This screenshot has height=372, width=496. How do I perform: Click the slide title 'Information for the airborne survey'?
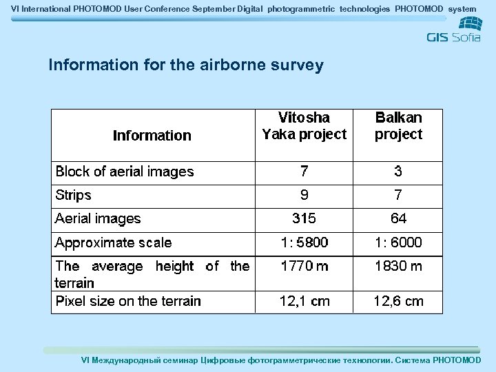click(186, 65)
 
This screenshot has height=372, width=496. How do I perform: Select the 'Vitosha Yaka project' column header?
click(304, 126)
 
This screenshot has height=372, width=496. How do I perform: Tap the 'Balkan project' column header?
click(398, 126)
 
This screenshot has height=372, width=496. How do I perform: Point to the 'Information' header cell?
click(152, 136)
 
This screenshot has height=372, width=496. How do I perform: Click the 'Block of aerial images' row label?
click(125, 172)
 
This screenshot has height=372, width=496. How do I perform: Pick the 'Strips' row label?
click(73, 195)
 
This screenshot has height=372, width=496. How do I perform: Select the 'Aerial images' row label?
click(98, 219)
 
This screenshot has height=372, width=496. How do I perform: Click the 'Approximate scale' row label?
click(114, 242)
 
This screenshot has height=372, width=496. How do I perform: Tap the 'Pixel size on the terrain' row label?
click(128, 301)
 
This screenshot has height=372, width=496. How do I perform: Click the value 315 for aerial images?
click(304, 219)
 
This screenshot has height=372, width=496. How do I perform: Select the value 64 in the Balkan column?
click(398, 219)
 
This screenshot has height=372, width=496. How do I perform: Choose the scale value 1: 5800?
click(304, 242)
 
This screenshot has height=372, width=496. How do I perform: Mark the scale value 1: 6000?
click(398, 242)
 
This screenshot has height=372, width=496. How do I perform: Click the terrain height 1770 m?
click(304, 267)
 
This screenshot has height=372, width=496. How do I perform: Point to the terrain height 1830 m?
click(398, 267)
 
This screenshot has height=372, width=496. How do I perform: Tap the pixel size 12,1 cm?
click(304, 301)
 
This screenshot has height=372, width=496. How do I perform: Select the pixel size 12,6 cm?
click(398, 301)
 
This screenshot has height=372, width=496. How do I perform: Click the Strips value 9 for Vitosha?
click(304, 195)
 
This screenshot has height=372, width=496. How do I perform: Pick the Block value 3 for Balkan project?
click(398, 172)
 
